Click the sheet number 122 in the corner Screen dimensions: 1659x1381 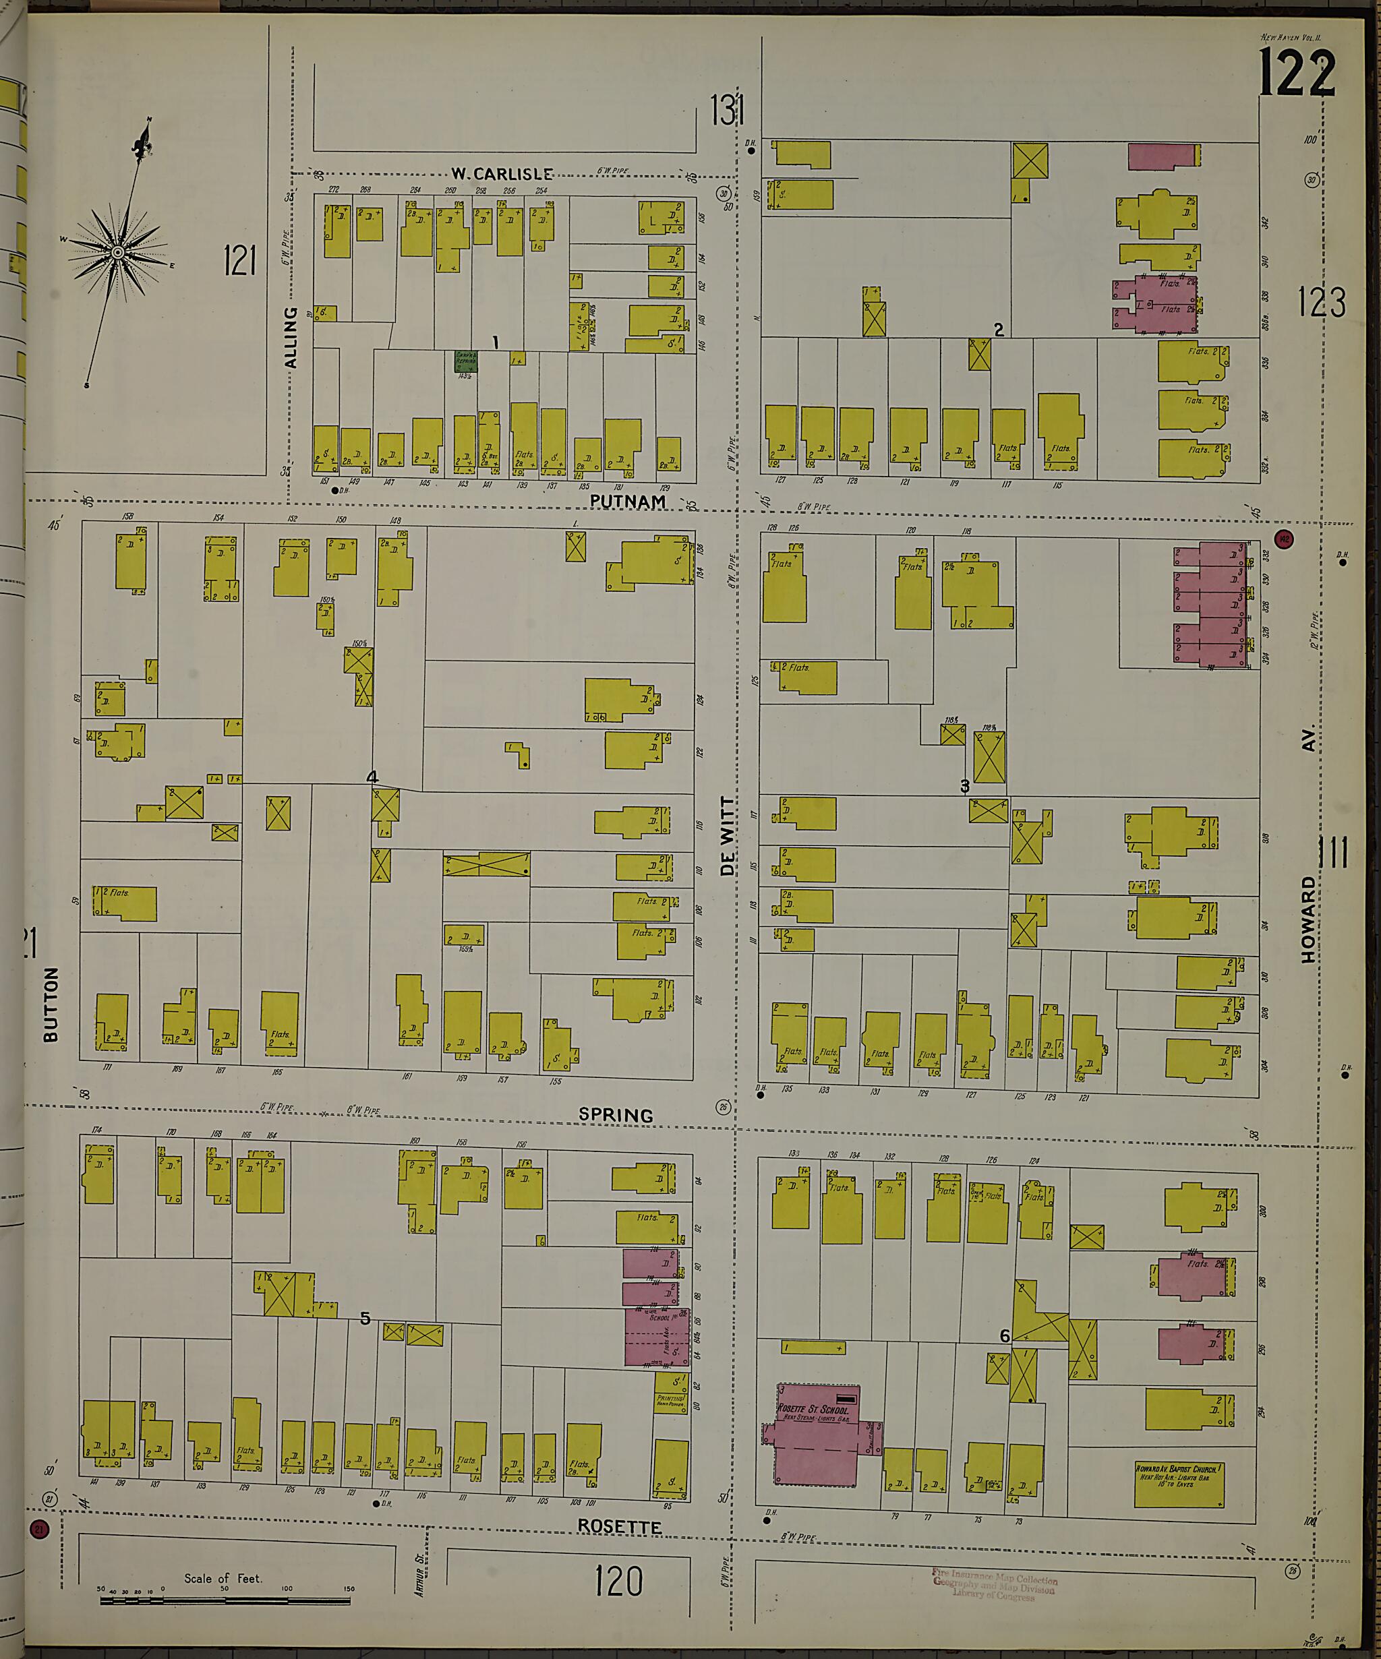tap(1297, 73)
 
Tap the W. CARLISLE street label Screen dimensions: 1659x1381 tap(502, 174)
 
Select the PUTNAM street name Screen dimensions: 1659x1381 tap(628, 501)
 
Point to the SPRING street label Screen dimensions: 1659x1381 tap(616, 1115)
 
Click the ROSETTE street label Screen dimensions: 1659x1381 tap(620, 1526)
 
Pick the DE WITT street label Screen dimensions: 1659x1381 tap(728, 835)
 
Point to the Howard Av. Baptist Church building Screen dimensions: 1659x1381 tap(1179, 1483)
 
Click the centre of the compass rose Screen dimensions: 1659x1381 tap(118, 252)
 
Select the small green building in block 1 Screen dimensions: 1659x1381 tap(466, 361)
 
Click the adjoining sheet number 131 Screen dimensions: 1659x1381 tap(726, 110)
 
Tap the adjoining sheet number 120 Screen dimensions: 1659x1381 tap(618, 1582)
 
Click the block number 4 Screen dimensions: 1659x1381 tap(372, 777)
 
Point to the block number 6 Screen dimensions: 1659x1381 tap(1004, 1336)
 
